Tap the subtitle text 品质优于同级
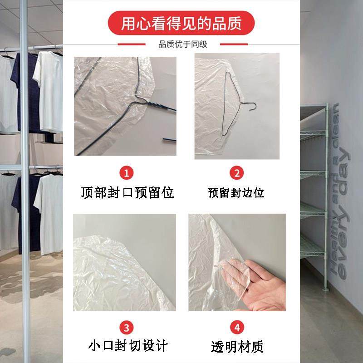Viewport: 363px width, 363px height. (x=182, y=44)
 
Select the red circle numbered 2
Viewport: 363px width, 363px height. (x=236, y=173)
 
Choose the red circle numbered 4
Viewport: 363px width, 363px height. (x=236, y=327)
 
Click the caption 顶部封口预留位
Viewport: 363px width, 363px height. (x=128, y=192)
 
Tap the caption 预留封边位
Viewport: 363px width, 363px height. (x=236, y=193)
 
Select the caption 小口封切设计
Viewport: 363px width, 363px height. (x=128, y=346)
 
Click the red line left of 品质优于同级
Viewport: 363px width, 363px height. (x=131, y=44)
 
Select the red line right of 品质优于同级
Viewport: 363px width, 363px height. (x=234, y=44)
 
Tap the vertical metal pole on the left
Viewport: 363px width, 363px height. (x=24, y=181)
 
